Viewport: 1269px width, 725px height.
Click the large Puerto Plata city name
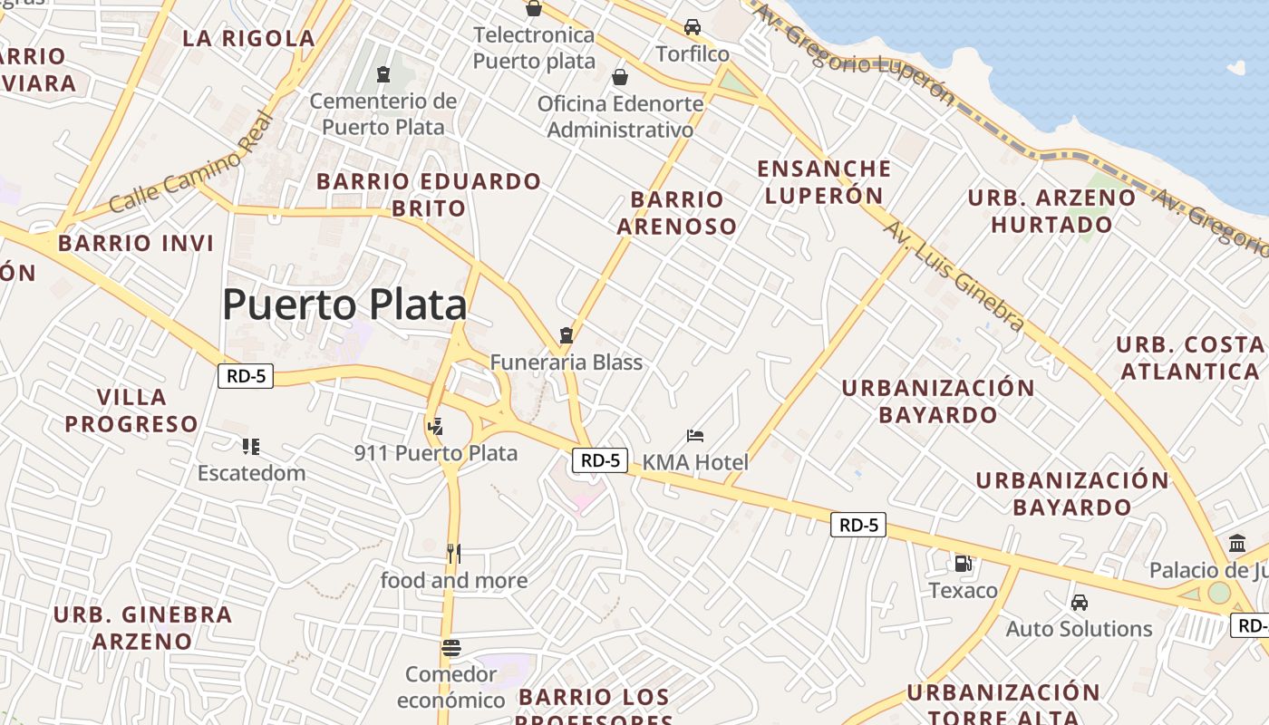point(344,304)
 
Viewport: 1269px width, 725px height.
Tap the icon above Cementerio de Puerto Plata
point(383,73)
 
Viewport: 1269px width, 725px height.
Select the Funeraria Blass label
point(567,362)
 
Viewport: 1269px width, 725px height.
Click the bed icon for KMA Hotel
point(695,436)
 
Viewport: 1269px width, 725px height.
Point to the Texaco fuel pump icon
point(963,564)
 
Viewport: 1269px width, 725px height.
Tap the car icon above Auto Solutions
point(1079,603)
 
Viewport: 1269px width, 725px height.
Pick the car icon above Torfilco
point(693,27)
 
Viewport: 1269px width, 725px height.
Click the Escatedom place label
point(251,473)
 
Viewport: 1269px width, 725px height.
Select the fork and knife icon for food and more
point(453,553)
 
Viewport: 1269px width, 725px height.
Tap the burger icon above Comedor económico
point(451,648)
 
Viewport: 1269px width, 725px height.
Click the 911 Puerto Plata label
point(436,453)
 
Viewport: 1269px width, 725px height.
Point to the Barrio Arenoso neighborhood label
point(677,213)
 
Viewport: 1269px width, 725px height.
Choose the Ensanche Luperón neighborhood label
point(824,182)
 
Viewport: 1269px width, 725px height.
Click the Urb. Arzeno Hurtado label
point(1051,210)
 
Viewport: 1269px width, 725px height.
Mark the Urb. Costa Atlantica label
point(1189,358)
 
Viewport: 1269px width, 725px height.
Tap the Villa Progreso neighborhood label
point(131,411)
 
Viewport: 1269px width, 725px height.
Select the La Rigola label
point(248,38)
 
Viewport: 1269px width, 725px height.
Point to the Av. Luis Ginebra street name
point(954,275)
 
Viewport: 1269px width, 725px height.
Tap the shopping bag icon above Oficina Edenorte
point(620,77)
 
